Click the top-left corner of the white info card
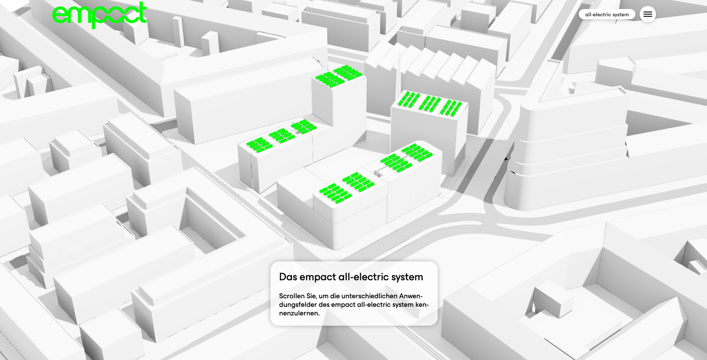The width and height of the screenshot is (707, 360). click(271, 261)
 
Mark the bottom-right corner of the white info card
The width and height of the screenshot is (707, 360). click(437, 325)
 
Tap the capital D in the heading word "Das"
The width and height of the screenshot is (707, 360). click(282, 277)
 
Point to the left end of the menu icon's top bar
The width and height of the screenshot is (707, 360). click(644, 12)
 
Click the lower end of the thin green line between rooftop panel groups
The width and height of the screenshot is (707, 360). click(377, 171)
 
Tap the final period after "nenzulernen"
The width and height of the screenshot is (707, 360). click(319, 315)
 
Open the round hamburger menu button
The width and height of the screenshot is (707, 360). click(648, 14)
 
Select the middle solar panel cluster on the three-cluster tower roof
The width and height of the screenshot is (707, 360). click(429, 103)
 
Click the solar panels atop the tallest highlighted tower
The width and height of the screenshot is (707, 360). click(339, 76)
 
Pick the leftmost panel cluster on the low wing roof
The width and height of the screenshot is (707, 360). click(259, 145)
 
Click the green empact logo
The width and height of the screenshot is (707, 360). click(99, 15)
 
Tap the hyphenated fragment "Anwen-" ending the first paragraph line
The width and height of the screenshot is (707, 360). click(411, 296)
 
